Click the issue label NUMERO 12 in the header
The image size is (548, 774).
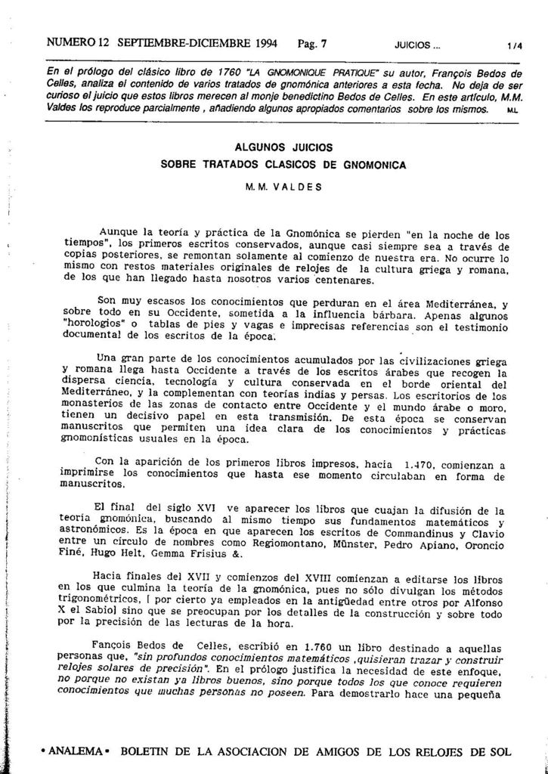click(x=73, y=44)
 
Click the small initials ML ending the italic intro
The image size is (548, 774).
click(x=513, y=110)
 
